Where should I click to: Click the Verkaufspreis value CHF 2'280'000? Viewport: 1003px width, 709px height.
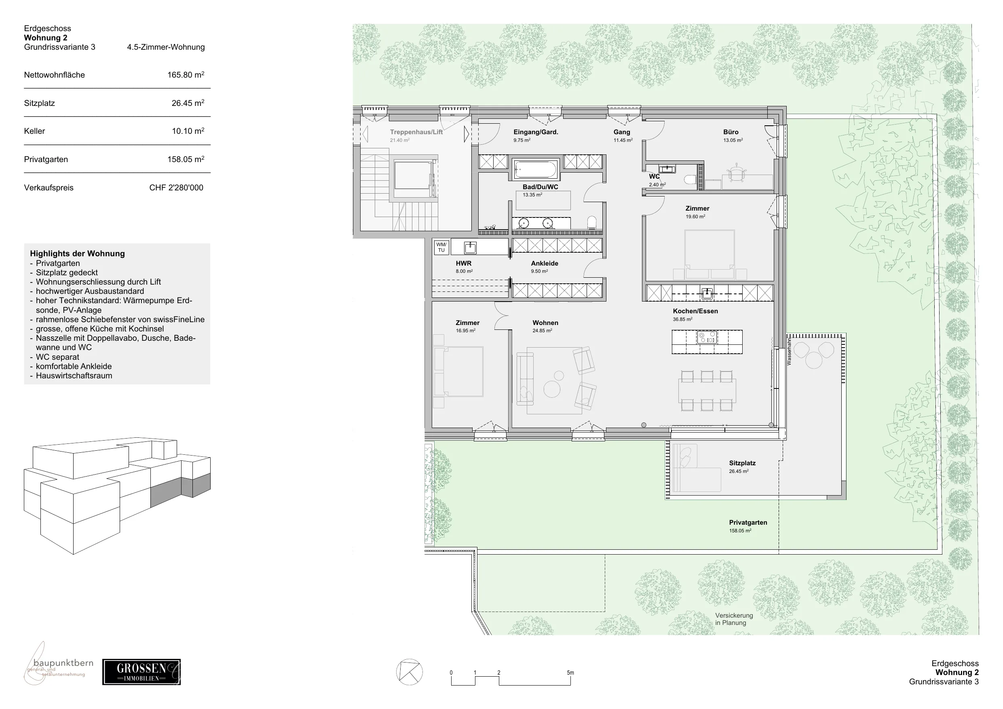pyautogui.click(x=176, y=188)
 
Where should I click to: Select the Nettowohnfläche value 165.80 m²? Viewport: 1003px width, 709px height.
pyautogui.click(x=186, y=75)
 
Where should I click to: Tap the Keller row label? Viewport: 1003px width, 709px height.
pyautogui.click(x=34, y=131)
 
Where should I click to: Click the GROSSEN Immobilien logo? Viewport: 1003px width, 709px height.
pyautogui.click(x=141, y=672)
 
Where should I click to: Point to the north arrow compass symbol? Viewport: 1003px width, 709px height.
pyautogui.click(x=409, y=672)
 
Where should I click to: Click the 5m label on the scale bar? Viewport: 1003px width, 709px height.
pyautogui.click(x=570, y=673)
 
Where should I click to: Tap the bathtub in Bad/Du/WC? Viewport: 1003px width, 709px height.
pyautogui.click(x=536, y=169)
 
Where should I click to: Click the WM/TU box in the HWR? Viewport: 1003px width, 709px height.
pyautogui.click(x=441, y=247)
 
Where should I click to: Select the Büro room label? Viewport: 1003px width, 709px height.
pyautogui.click(x=731, y=132)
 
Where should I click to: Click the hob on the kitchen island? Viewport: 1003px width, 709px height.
pyautogui.click(x=707, y=337)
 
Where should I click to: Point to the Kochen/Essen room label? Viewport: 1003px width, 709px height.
pyautogui.click(x=695, y=311)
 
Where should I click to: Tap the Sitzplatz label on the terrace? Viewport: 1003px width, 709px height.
pyautogui.click(x=742, y=463)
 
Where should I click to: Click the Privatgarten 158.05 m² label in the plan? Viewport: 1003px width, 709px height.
pyautogui.click(x=748, y=526)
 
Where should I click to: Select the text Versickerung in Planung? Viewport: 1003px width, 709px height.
pyautogui.click(x=734, y=619)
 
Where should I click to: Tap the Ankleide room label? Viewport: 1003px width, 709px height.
pyautogui.click(x=544, y=264)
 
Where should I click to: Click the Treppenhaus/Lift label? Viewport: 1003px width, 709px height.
pyautogui.click(x=416, y=132)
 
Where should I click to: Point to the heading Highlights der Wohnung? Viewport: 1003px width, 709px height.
pyautogui.click(x=77, y=253)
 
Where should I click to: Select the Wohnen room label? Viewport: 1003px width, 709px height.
pyautogui.click(x=545, y=323)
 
